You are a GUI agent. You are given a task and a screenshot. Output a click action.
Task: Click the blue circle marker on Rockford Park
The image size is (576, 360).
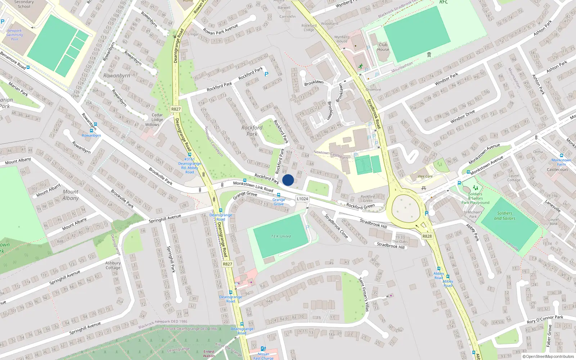[x=288, y=180]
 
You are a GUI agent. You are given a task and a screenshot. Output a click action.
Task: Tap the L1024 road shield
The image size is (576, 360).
[x=302, y=199]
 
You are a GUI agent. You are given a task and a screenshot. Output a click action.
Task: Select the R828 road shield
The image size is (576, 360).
[x=427, y=236]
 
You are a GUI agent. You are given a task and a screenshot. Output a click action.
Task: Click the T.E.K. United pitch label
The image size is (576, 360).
[x=281, y=237]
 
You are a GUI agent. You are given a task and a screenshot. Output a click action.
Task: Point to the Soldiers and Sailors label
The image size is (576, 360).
[x=504, y=216]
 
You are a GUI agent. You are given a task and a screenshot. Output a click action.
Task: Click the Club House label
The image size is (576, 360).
[x=383, y=47]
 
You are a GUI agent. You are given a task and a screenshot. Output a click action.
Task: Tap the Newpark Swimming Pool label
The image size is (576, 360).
[x=14, y=35]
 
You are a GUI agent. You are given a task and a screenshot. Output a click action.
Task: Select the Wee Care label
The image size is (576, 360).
[x=425, y=176]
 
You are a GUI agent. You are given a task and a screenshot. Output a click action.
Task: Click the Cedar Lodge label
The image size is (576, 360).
[x=157, y=117]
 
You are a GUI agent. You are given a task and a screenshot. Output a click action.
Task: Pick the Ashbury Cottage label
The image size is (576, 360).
[x=113, y=265]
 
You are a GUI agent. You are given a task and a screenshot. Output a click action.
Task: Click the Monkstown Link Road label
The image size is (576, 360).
[x=253, y=186]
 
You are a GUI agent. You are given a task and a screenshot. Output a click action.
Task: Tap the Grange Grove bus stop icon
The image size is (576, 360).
[x=278, y=195]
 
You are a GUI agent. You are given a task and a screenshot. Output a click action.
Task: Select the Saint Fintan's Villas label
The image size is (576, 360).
[x=364, y=294]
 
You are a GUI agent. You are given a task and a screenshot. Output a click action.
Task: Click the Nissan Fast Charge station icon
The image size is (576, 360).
[x=263, y=349]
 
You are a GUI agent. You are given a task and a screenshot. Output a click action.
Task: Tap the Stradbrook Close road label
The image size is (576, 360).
[x=336, y=226]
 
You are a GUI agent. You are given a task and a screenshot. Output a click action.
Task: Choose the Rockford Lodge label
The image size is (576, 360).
[x=309, y=28]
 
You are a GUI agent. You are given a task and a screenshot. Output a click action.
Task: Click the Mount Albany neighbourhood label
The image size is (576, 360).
[x=71, y=195]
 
